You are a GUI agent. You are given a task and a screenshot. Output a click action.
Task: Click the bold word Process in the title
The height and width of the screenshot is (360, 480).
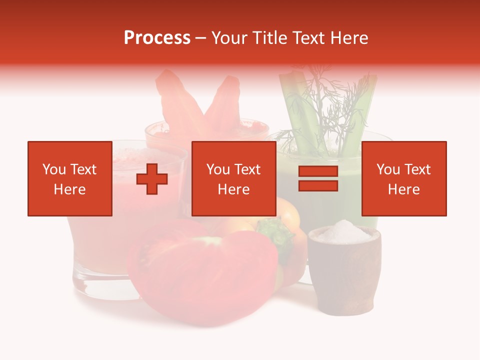(x=157, y=38)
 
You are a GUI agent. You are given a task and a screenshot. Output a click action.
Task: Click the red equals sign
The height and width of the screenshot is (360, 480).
(x=318, y=179)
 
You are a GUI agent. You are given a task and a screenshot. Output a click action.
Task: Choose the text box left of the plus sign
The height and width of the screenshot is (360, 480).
(x=70, y=178)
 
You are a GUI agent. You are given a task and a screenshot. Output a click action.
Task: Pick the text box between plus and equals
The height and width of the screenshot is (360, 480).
(x=233, y=178)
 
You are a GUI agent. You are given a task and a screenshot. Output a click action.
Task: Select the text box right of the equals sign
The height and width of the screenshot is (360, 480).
(x=403, y=178)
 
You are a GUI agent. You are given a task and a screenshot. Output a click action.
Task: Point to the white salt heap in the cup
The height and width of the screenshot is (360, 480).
(x=343, y=231)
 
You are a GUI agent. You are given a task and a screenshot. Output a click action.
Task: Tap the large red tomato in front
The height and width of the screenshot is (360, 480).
(x=200, y=275)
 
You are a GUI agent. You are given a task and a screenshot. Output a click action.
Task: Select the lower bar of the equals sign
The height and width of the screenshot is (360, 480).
(x=318, y=186)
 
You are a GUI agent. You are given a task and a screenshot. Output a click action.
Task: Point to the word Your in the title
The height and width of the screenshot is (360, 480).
(x=229, y=38)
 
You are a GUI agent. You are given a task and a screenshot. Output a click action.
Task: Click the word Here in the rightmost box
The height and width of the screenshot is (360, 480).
(x=403, y=189)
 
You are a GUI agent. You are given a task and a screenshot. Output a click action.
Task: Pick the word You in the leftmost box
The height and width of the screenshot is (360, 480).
(x=54, y=169)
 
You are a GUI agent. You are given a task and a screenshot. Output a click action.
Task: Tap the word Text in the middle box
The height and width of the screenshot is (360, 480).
(x=247, y=169)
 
